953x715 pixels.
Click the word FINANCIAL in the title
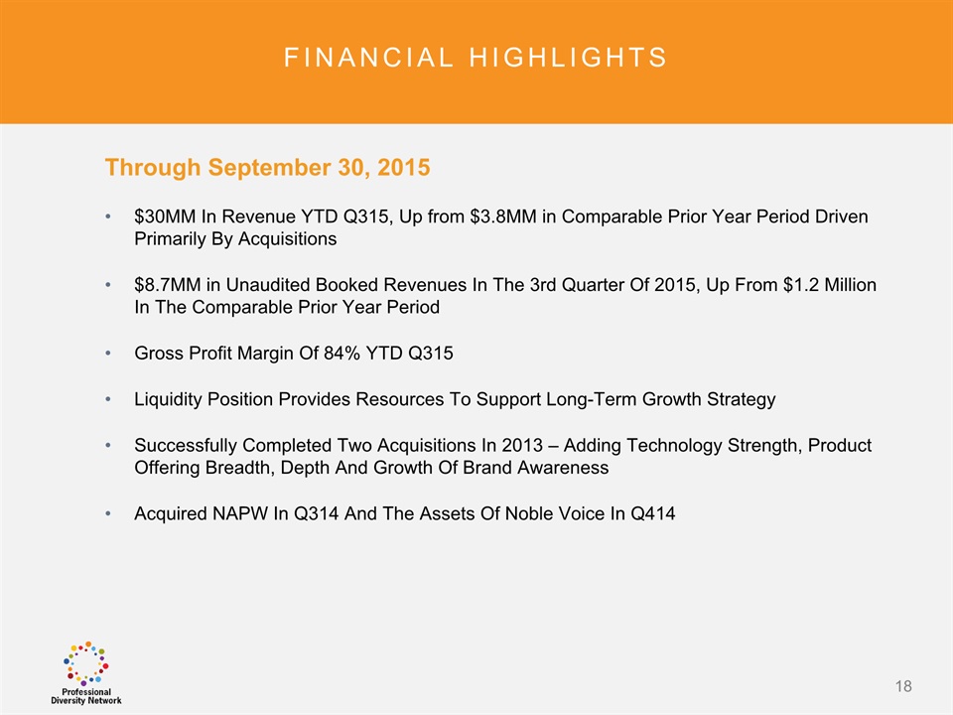pos(368,58)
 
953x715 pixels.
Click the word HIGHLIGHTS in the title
pos(568,58)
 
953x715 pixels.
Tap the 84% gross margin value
pos(341,354)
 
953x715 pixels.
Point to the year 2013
pos(522,446)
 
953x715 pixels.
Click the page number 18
pos(903,686)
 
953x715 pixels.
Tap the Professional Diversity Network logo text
pos(86,696)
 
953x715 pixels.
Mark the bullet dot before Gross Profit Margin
pos(108,354)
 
